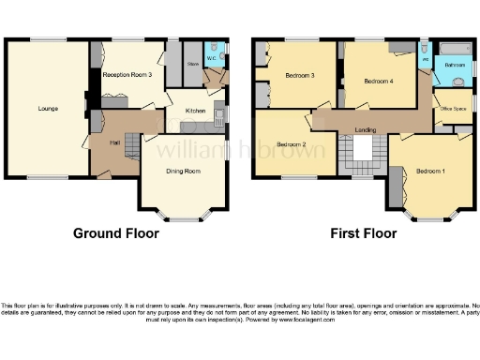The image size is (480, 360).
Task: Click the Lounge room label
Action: click(48, 109)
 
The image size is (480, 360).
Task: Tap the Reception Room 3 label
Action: click(127, 73)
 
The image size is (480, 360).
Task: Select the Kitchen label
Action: click(195, 111)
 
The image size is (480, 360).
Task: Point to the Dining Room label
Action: click(184, 172)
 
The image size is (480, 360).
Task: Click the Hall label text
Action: click(113, 142)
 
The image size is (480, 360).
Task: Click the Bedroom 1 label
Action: click(431, 171)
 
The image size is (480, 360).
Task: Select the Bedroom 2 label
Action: click(291, 145)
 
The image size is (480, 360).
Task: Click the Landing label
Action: click(366, 129)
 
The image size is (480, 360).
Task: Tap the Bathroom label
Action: click(455, 65)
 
